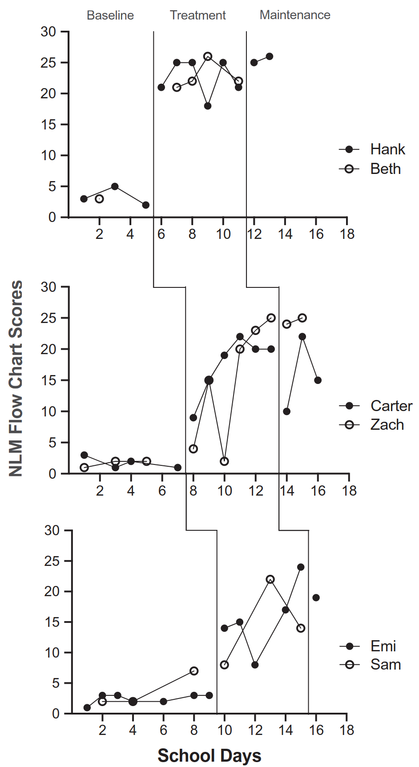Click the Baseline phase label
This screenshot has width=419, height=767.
[x=110, y=15]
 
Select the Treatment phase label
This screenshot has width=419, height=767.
[x=197, y=15]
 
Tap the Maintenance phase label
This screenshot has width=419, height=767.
[x=295, y=15]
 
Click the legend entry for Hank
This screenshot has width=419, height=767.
[x=387, y=149]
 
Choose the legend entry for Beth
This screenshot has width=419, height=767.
[x=385, y=169]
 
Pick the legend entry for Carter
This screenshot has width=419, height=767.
[x=391, y=406]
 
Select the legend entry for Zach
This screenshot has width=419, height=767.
[x=387, y=425]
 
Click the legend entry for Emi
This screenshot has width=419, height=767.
[x=383, y=646]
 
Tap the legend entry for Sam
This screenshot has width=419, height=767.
[x=386, y=665]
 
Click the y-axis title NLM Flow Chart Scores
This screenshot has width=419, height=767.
[x=16, y=378]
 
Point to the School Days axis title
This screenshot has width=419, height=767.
[x=209, y=755]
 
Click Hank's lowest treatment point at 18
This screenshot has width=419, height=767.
[x=208, y=106]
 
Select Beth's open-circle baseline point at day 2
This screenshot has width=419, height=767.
[x=99, y=199]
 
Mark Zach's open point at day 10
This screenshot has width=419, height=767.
[x=224, y=461]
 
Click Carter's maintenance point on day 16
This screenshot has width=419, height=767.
[x=318, y=380]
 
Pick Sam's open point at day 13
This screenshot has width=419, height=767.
[x=270, y=579]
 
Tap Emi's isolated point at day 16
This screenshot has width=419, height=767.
[x=316, y=597]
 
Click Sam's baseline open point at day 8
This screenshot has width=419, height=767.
[x=194, y=671]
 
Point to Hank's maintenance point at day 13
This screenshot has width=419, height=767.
[x=270, y=57]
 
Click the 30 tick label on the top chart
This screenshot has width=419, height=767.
[x=48, y=32]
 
